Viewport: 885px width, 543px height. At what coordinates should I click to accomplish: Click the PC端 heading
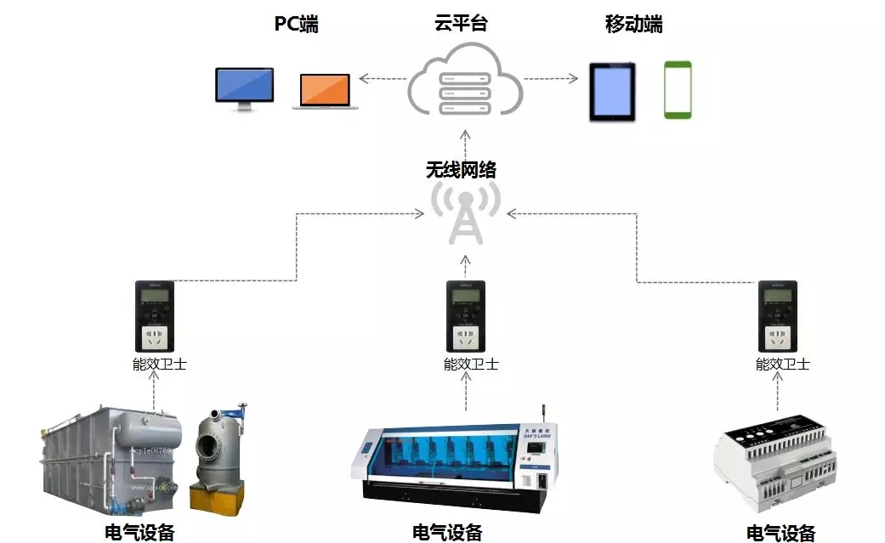296,24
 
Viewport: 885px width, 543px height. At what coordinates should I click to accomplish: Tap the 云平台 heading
461,24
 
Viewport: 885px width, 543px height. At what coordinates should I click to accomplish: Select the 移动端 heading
633,24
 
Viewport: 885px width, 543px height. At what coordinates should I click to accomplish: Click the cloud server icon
464,82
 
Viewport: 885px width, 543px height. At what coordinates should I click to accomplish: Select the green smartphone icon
678,89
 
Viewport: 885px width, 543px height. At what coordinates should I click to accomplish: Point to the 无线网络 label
461,170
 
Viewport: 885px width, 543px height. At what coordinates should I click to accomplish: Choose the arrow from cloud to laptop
383,79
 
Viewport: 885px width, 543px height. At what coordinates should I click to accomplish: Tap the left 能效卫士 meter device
154,317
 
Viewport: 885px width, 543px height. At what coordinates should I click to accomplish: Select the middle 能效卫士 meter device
466,317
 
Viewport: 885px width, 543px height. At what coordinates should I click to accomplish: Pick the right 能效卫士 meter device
777,317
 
